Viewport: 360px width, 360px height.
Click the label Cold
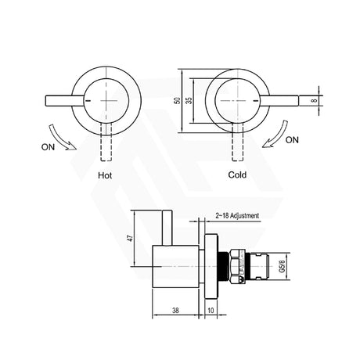click(x=237, y=175)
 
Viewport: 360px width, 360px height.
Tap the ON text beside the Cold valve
click(x=293, y=140)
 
